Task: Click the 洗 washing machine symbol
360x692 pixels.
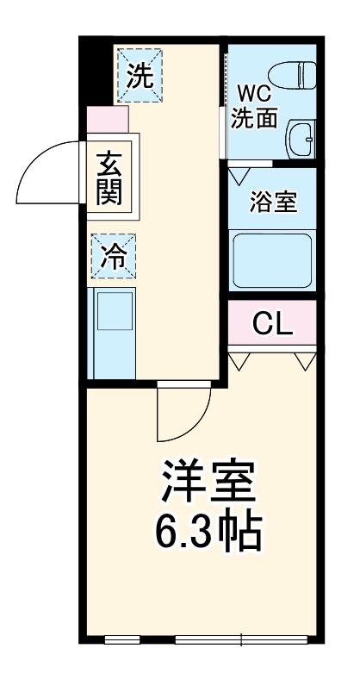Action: coord(138,76)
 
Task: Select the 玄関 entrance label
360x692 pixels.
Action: coord(109,177)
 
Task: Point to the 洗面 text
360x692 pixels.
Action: coord(254,118)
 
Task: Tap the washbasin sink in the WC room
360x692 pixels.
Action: coord(301,138)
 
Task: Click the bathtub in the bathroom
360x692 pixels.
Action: coord(272,259)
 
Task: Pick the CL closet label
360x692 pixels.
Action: coord(272,325)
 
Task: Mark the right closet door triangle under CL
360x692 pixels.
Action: coord(304,360)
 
